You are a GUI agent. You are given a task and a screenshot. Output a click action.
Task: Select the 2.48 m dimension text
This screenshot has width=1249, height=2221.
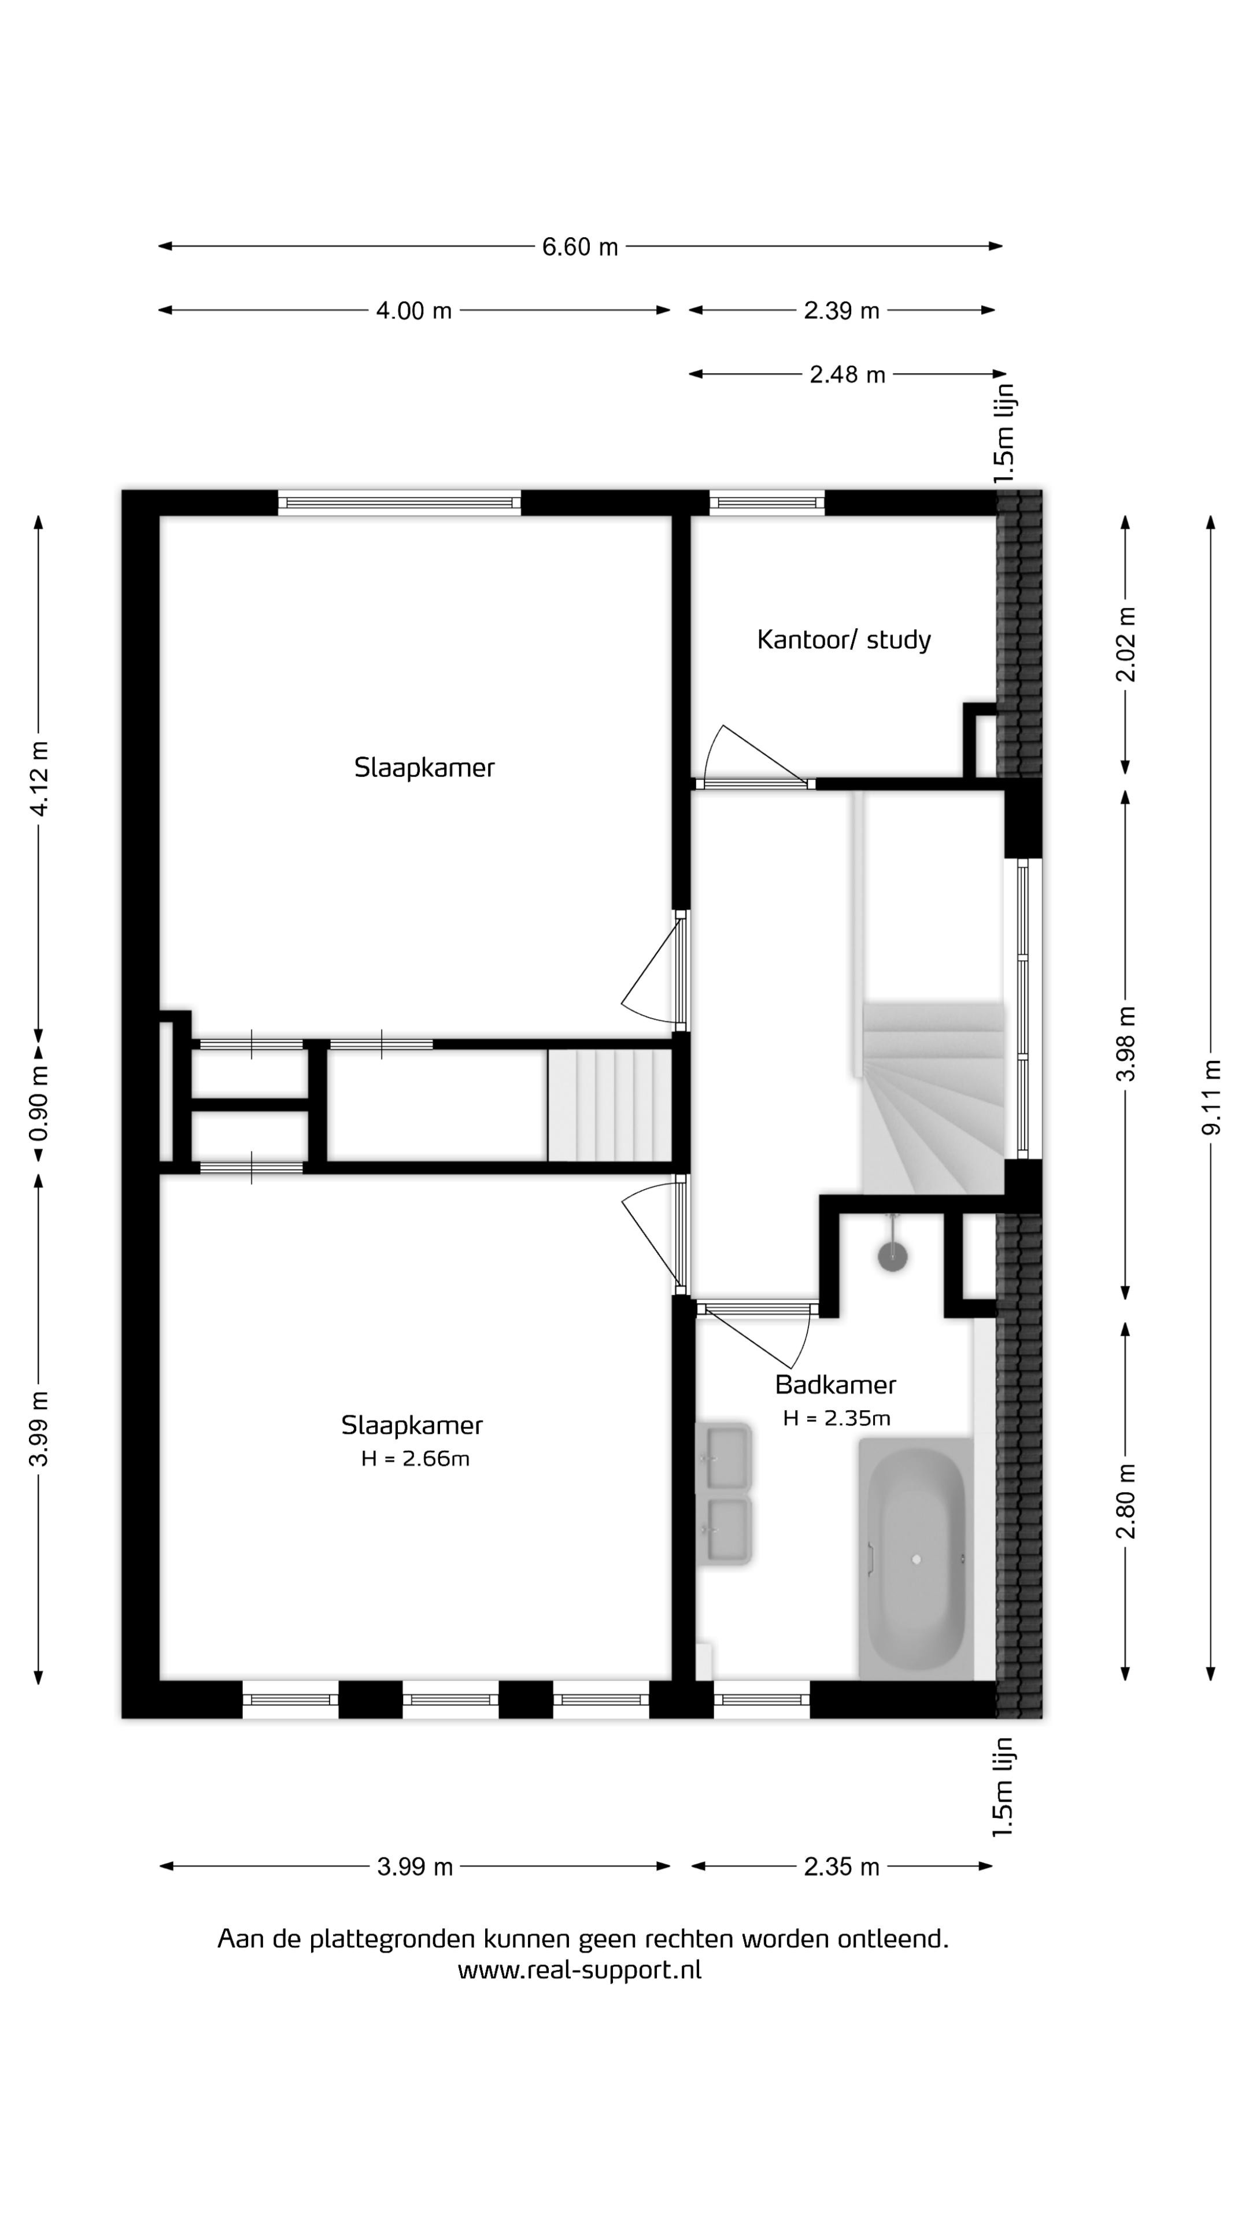847,374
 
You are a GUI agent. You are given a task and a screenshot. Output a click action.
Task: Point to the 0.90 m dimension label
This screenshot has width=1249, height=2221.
39,1103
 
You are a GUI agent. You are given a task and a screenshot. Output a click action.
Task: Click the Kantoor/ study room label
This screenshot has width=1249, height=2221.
844,640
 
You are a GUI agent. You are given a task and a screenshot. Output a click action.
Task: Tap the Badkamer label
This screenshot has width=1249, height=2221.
835,1385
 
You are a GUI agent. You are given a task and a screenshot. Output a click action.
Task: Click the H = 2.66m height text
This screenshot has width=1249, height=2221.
415,1459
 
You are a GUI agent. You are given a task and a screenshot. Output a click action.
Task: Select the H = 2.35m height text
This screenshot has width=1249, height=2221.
836,1418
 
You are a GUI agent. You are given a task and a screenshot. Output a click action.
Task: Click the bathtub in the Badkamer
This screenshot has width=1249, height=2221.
915,1559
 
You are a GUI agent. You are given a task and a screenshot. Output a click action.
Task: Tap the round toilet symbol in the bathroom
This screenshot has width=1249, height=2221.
893,1256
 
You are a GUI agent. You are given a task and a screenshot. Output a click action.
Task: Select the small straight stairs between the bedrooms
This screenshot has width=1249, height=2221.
609,1105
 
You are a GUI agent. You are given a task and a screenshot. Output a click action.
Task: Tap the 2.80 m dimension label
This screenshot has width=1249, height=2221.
1126,1501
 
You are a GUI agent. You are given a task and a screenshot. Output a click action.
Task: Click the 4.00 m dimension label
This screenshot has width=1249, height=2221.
414,311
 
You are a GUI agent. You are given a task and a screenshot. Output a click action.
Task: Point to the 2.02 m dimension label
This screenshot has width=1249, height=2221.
1126,644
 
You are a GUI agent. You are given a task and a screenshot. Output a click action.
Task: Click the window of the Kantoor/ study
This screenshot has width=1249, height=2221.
766,503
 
